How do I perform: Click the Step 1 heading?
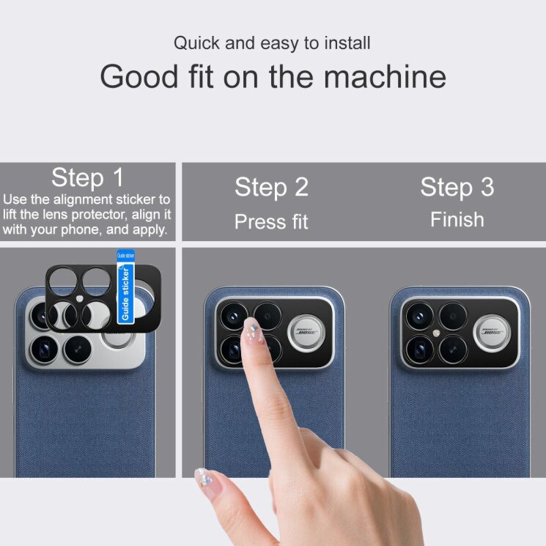(88, 177)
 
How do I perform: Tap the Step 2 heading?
(271, 188)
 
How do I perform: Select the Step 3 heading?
(457, 187)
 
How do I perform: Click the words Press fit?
(271, 221)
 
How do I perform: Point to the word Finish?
(457, 219)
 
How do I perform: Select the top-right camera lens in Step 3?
(452, 316)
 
